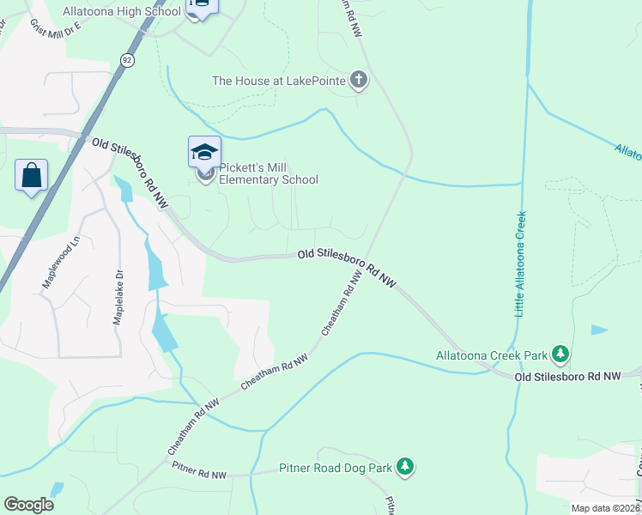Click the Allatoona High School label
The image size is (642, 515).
click(x=122, y=11)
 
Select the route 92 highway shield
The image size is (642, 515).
click(x=127, y=59)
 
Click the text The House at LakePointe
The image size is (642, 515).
click(x=279, y=81)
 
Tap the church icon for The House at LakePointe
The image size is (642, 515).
click(x=359, y=81)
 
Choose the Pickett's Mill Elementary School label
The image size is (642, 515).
click(x=269, y=173)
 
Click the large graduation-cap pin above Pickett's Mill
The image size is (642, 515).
click(x=205, y=153)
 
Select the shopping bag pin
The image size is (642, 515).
click(x=32, y=176)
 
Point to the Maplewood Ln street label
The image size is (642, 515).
click(x=60, y=263)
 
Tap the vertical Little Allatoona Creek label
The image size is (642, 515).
click(x=520, y=264)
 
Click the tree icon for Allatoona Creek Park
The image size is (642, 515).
click(x=560, y=354)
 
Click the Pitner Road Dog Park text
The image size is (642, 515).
click(x=335, y=469)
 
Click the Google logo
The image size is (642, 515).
click(x=28, y=505)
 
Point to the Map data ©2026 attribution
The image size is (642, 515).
click(x=605, y=508)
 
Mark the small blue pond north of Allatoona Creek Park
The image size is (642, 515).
click(x=599, y=330)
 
